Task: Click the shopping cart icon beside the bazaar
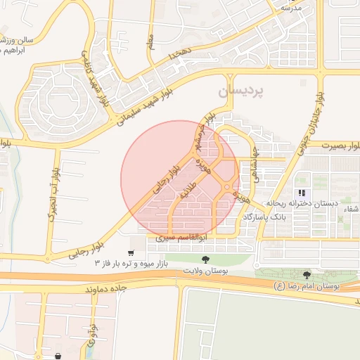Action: (x=131, y=252)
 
